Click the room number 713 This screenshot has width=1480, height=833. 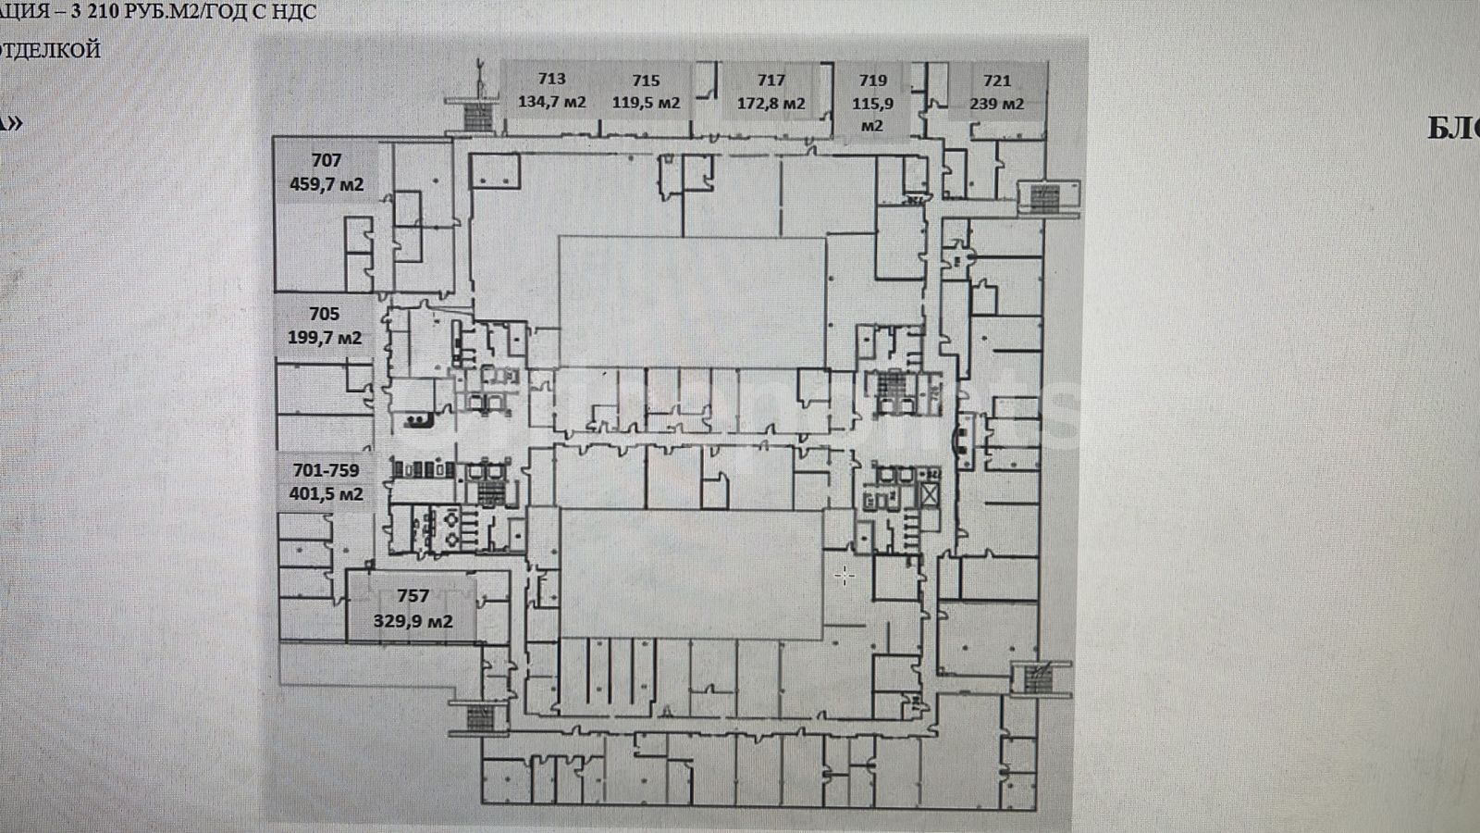pyautogui.click(x=551, y=80)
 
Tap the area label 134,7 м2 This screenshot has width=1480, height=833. pyautogui.click(x=551, y=103)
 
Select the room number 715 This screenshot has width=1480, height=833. pyautogui.click(x=646, y=81)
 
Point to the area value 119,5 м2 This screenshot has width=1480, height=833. pyautogui.click(x=646, y=103)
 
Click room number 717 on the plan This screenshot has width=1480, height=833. pyautogui.click(x=771, y=81)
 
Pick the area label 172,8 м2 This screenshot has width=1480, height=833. pyautogui.click(x=771, y=104)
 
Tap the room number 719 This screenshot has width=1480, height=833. pyautogui.click(x=872, y=81)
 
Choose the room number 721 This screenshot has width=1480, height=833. pyautogui.click(x=996, y=81)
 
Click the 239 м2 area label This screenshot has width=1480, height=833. pyautogui.click(x=996, y=104)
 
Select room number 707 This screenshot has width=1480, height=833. pyautogui.click(x=327, y=160)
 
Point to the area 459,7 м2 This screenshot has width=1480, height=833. pyautogui.click(x=327, y=184)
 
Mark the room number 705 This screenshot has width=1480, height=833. pyautogui.click(x=325, y=314)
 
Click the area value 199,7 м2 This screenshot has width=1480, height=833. pyautogui.click(x=325, y=338)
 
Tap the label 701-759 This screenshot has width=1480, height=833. pyautogui.click(x=326, y=471)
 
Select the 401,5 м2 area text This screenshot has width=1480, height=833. pyautogui.click(x=326, y=494)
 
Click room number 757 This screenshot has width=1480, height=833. pyautogui.click(x=413, y=596)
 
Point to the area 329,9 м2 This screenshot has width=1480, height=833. pyautogui.click(x=413, y=621)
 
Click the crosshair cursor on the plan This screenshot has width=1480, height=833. pyautogui.click(x=844, y=576)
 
